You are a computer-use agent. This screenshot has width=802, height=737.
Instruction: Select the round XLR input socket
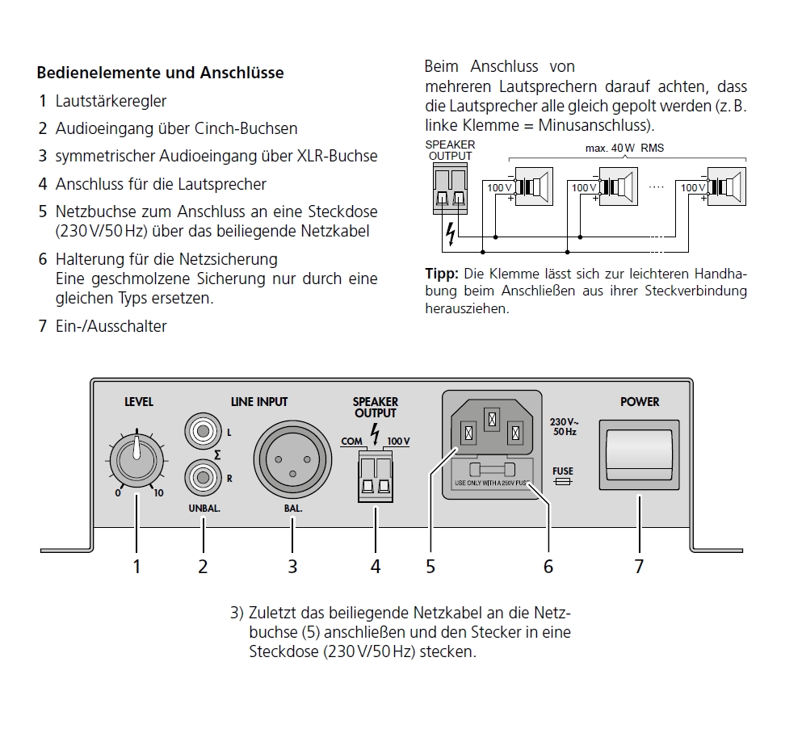292,458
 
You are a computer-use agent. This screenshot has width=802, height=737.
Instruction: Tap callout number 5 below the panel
430,567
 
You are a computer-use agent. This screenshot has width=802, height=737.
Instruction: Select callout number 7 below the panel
639,567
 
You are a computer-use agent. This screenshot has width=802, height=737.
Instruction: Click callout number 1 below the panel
136,567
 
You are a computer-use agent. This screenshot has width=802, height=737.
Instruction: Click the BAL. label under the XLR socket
293,509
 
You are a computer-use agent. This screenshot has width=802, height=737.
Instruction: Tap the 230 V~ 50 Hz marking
563,426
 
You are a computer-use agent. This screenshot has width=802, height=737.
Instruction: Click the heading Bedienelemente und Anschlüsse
161,73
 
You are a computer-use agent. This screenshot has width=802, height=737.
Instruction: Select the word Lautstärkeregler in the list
111,101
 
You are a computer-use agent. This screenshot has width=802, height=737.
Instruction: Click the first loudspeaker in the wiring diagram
533,186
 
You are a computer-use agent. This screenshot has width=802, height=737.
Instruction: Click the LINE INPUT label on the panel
258,401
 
